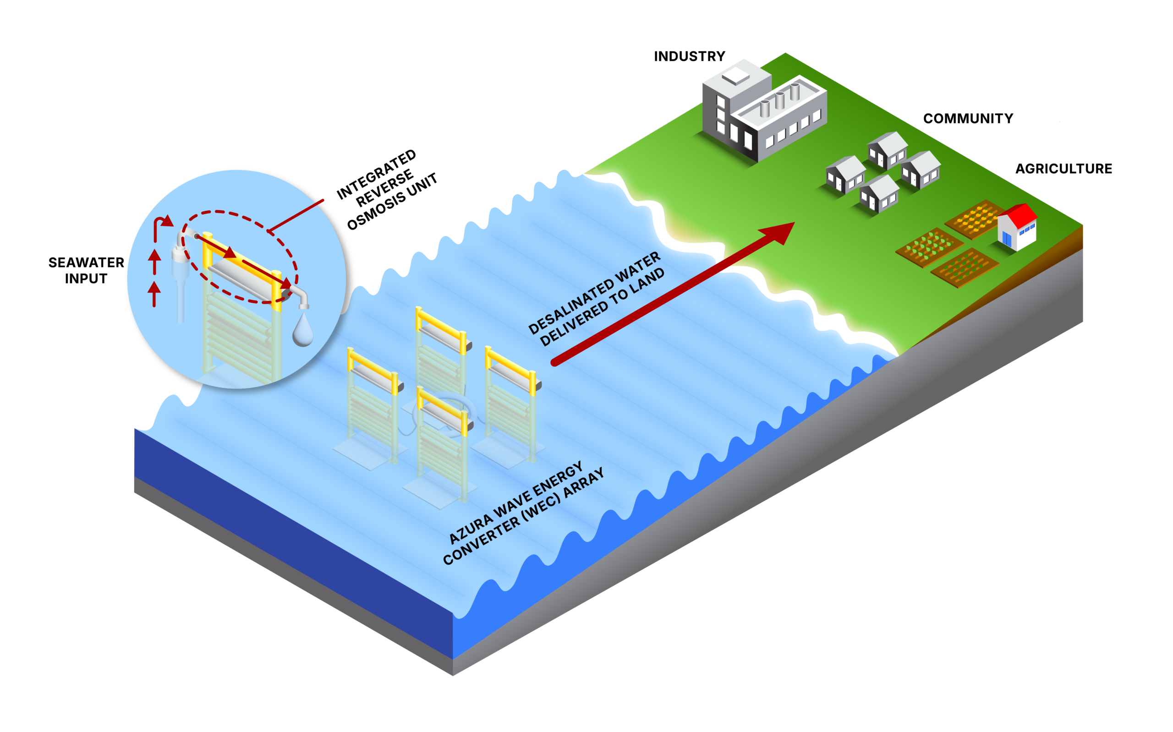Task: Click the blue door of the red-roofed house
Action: (x=1007, y=239)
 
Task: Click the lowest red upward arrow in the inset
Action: (x=154, y=293)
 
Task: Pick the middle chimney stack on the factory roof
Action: (x=779, y=101)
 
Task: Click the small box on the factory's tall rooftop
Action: (x=736, y=76)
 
